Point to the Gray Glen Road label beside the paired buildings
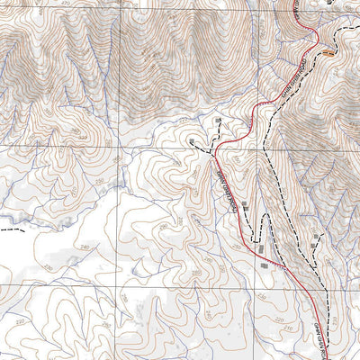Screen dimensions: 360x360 (x=227, y=188)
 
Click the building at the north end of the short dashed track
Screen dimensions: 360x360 (x=216, y=119)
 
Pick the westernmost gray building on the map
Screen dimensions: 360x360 (x=192, y=141)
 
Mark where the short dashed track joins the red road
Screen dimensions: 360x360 (x=216, y=148)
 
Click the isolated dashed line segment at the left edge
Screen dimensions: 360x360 (x=9, y=229)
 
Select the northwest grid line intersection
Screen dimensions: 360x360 (x=120, y=9)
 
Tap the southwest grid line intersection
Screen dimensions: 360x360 (x=120, y=284)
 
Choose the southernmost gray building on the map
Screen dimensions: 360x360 (x=264, y=265)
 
